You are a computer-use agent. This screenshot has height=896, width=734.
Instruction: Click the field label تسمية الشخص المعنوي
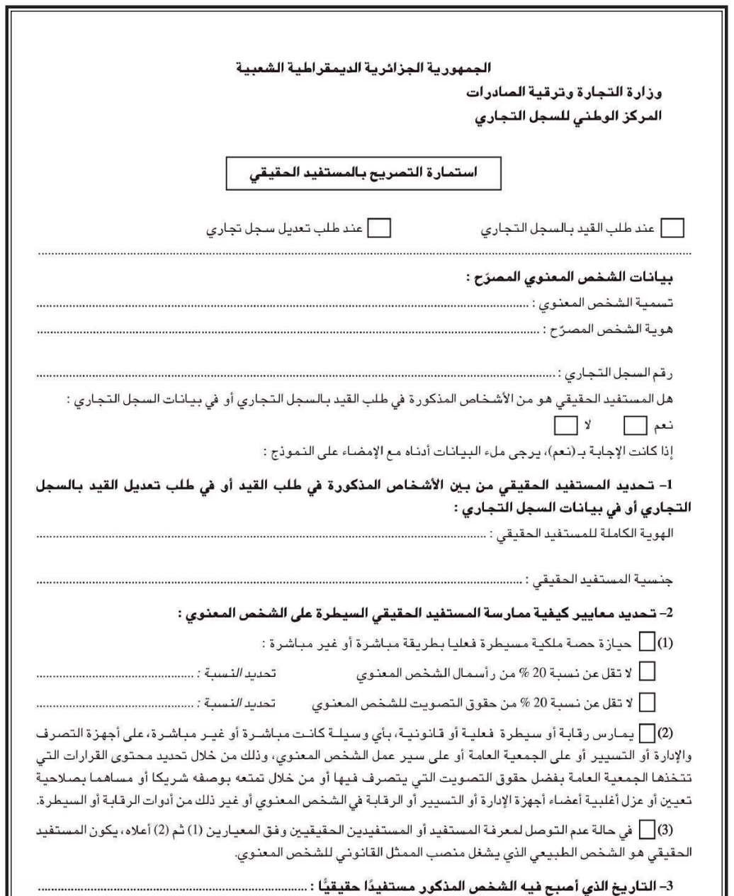(x=619, y=304)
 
